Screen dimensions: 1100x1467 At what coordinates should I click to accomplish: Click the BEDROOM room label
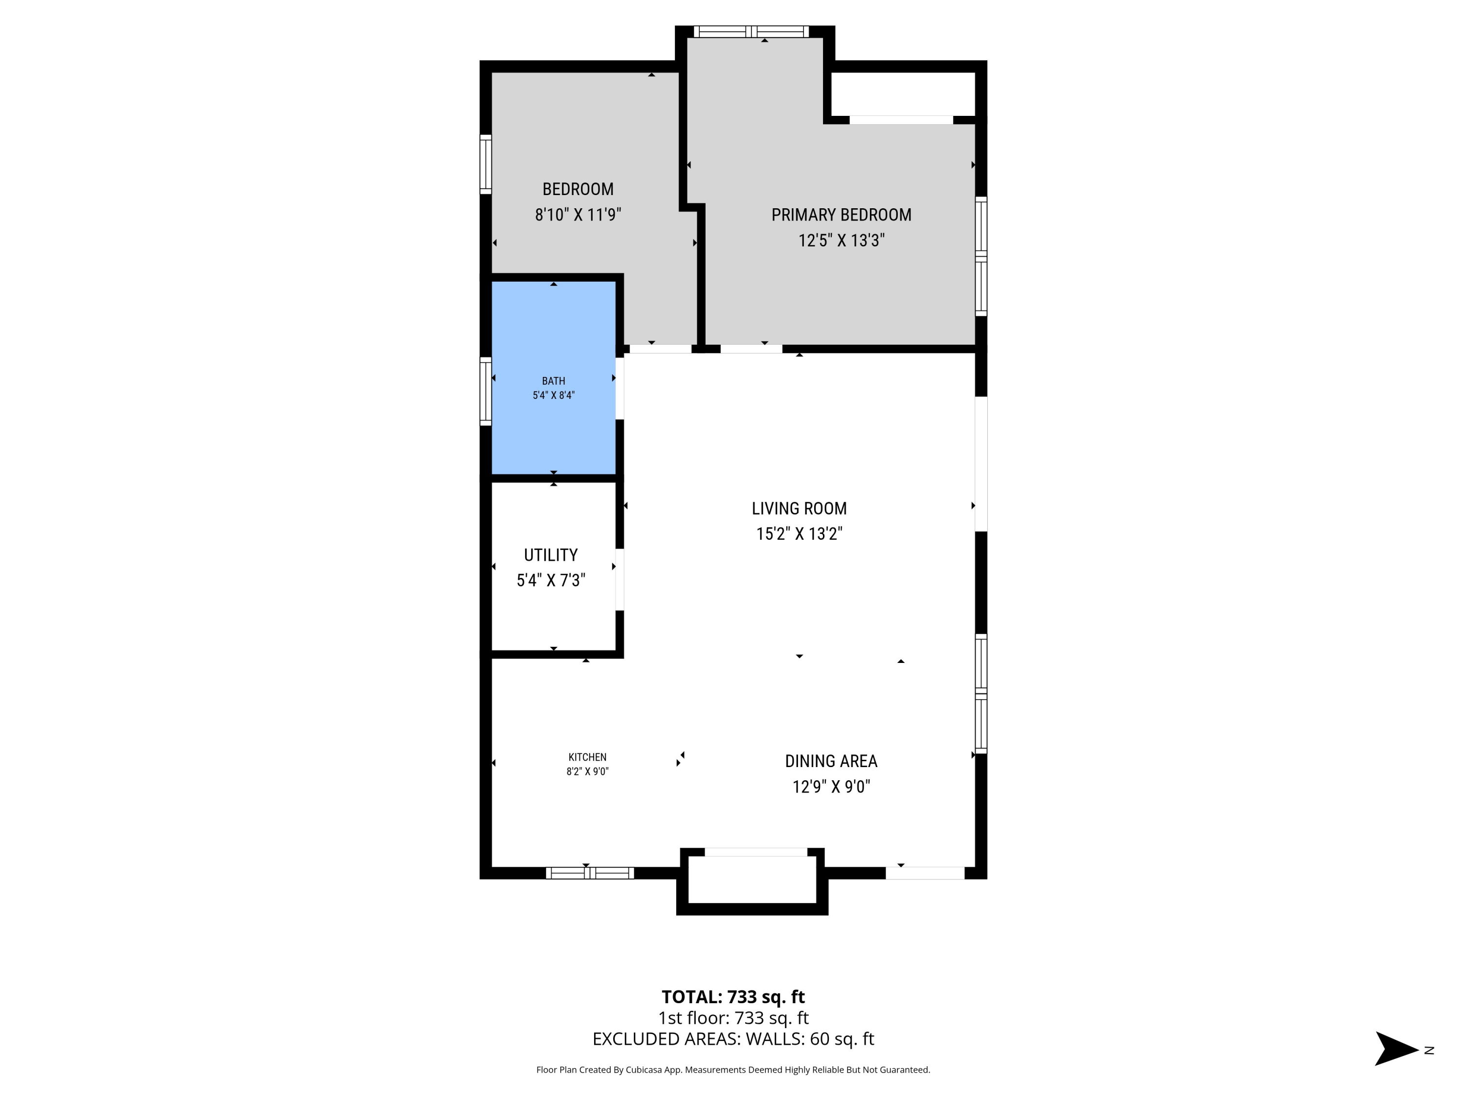point(578,189)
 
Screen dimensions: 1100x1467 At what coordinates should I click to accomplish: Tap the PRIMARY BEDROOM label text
point(841,215)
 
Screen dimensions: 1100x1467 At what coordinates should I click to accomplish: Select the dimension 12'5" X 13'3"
point(841,240)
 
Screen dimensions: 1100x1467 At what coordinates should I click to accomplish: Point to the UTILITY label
point(551,555)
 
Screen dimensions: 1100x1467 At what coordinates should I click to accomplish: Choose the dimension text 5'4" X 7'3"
point(551,581)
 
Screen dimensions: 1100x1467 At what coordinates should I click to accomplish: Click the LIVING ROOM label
point(799,508)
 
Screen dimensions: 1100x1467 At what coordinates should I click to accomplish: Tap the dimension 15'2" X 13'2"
point(799,534)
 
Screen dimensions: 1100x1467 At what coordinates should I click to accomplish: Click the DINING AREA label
point(831,761)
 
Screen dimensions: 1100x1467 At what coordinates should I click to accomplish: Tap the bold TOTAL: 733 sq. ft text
point(733,996)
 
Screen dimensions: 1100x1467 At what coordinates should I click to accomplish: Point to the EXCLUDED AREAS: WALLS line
point(733,1039)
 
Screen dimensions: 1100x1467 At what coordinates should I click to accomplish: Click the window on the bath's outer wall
point(486,391)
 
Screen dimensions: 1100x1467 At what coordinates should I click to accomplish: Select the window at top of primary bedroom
point(751,31)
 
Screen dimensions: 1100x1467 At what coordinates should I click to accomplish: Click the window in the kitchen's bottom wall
point(590,873)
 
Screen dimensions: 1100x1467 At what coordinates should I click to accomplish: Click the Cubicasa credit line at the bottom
point(733,1070)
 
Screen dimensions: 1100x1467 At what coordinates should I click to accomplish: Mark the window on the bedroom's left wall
point(486,164)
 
